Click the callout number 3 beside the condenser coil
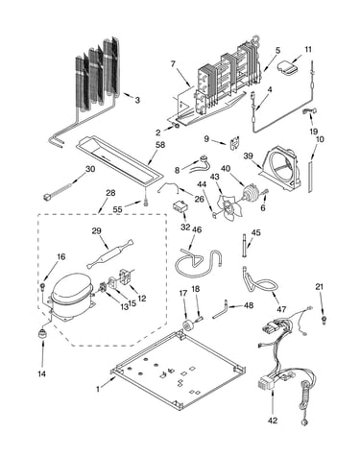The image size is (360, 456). coord(137,100)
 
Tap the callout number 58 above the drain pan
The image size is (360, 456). coord(160,145)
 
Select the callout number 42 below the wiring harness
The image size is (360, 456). coord(273,420)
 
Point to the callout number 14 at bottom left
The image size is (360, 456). coord(42,373)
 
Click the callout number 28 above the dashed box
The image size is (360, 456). coord(110,193)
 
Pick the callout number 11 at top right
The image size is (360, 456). coord(308,50)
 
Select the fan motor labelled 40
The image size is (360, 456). coord(252,194)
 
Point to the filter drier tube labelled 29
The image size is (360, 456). coord(109,253)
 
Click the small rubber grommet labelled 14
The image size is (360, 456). coord(42,333)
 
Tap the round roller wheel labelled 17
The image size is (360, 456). coord(187,324)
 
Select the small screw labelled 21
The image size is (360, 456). coord(324,320)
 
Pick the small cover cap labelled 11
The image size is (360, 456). coord(287,68)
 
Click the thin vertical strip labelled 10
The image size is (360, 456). coord(310,177)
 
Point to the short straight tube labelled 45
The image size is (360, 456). coord(246,246)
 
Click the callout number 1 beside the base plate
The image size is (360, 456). coord(98,389)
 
